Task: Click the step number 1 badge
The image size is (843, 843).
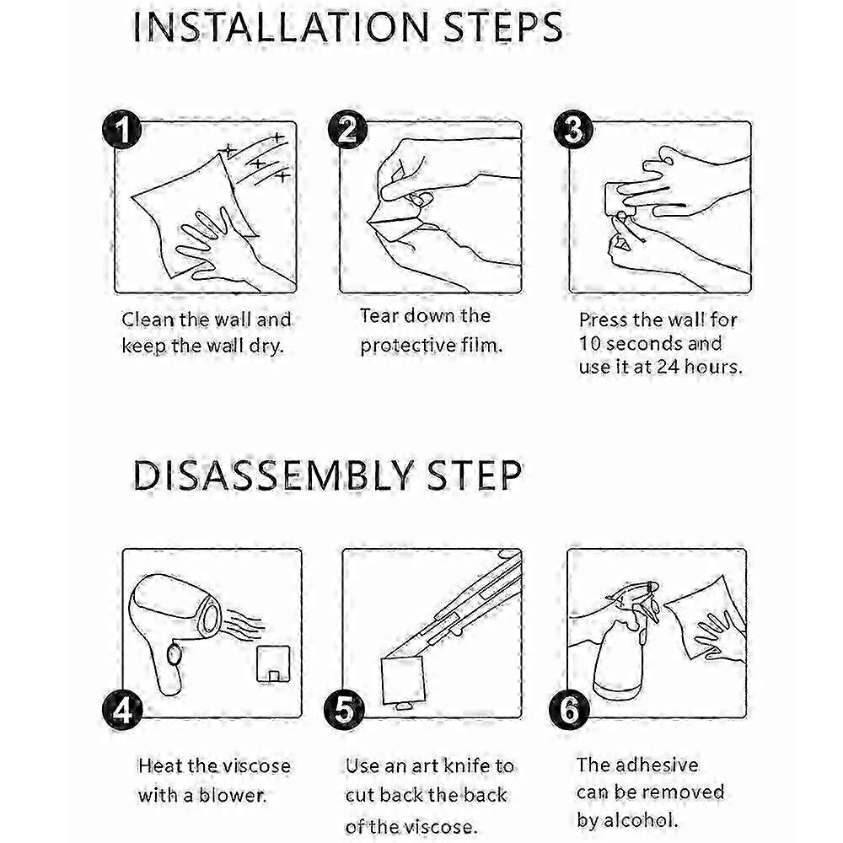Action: tap(122, 130)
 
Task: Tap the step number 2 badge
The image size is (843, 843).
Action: tap(347, 130)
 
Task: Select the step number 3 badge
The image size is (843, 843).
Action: tap(573, 130)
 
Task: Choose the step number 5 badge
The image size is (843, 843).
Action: tap(344, 710)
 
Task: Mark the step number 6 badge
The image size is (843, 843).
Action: tap(569, 710)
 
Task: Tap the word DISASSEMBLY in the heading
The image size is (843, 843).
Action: tap(273, 475)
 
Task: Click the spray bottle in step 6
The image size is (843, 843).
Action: tap(626, 645)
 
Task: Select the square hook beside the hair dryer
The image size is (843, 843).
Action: tap(274, 663)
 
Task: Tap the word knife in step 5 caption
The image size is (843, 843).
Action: tap(468, 765)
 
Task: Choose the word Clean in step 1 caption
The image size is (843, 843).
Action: tap(148, 319)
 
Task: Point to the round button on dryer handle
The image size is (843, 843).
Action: tap(174, 654)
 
